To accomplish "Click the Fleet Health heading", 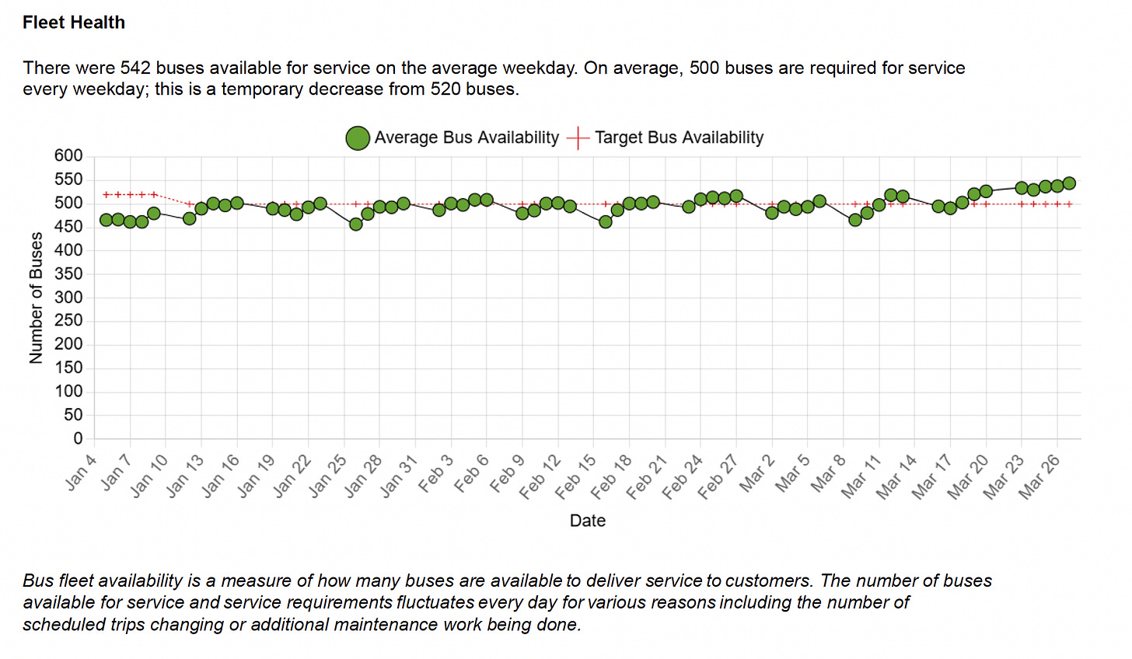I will (x=74, y=23).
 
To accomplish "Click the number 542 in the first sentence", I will (x=136, y=68).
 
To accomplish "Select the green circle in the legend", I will (x=358, y=138).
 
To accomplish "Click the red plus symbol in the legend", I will (x=578, y=138).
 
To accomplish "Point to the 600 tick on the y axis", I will (x=68, y=156).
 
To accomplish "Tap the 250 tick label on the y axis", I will (x=68, y=321).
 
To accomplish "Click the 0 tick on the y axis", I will (x=78, y=439).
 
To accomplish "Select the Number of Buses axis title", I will (x=36, y=298).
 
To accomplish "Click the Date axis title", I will (x=587, y=521).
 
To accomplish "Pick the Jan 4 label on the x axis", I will (x=81, y=472).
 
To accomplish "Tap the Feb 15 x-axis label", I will (x=575, y=476).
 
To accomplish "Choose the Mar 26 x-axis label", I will (x=1039, y=476).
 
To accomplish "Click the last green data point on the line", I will (x=1069, y=183).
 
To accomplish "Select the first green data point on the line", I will (x=107, y=220).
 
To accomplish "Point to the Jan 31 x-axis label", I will (x=399, y=476).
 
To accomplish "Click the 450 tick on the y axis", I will (x=68, y=227).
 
